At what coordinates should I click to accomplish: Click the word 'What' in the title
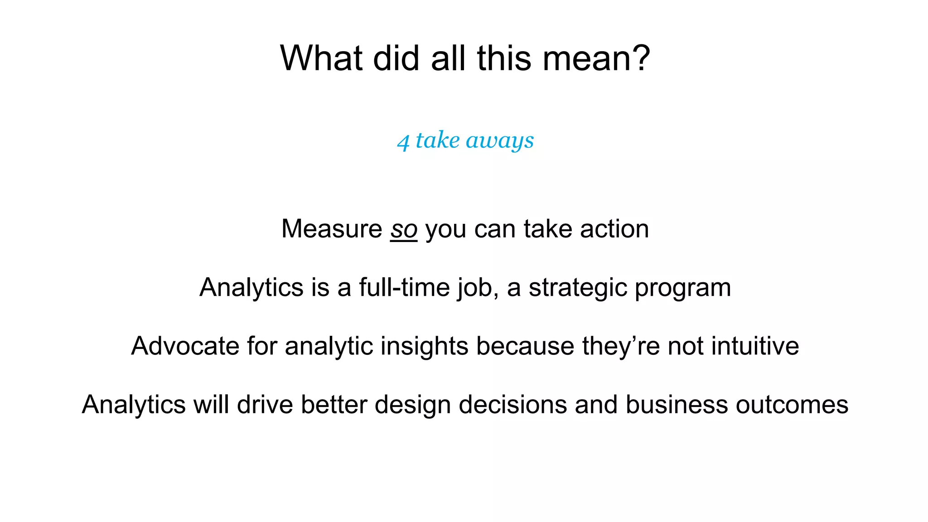click(x=321, y=58)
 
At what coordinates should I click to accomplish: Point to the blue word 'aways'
click(x=500, y=141)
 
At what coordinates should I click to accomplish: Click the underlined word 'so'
click(x=403, y=229)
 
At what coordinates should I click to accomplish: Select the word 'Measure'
click(x=332, y=229)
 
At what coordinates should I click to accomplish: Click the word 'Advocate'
click(x=185, y=346)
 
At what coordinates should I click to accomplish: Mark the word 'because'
click(x=525, y=346)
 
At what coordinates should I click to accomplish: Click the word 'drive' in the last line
click(x=265, y=404)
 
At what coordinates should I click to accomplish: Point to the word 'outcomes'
click(x=792, y=404)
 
